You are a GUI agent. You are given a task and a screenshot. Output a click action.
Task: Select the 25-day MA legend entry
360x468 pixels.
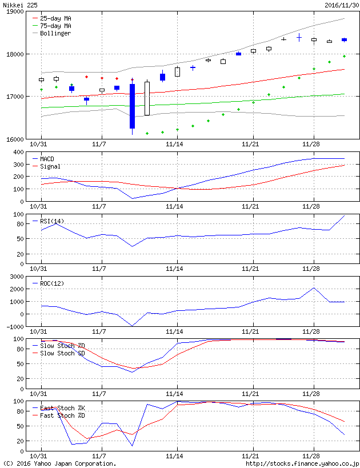point(55,18)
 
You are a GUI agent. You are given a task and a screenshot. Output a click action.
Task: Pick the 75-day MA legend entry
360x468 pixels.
point(55,26)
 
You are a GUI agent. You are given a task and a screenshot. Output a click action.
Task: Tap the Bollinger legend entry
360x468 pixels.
point(55,33)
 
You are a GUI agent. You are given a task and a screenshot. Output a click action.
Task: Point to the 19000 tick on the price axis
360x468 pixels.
point(14,11)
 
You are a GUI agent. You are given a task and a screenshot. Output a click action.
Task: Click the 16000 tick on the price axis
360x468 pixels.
point(14,139)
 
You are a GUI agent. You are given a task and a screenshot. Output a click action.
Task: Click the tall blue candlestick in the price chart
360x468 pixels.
point(132,106)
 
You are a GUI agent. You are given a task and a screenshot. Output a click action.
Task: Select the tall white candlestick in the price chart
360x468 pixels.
point(147,98)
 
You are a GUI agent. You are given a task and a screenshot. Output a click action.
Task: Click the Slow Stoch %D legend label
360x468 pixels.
point(58,346)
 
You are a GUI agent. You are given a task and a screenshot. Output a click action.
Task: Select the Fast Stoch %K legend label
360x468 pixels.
point(58,408)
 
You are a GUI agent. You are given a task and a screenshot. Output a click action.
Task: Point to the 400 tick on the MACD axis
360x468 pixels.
point(20,152)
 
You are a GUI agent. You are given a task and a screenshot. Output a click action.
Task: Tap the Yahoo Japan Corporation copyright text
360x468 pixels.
point(59,463)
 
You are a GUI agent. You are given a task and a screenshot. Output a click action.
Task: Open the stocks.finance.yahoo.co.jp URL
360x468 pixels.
point(302,463)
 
